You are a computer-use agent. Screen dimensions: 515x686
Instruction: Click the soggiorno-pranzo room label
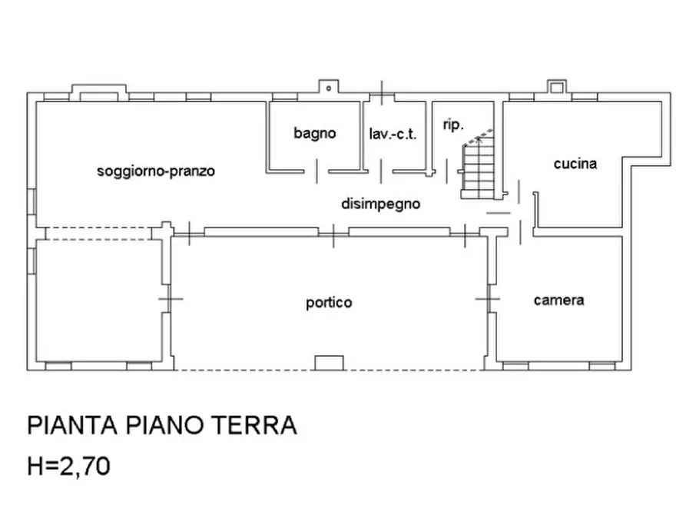tap(156, 171)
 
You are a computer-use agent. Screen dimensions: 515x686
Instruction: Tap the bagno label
tap(315, 133)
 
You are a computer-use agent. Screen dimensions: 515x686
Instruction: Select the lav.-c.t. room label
tap(393, 134)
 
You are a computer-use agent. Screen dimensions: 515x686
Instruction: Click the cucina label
tap(575, 163)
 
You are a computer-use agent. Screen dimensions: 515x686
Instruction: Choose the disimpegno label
tap(380, 204)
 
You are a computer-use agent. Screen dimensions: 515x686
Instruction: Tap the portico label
tap(329, 302)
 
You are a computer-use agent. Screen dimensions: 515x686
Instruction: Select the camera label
tap(558, 300)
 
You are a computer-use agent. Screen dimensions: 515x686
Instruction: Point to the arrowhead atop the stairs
tap(479, 141)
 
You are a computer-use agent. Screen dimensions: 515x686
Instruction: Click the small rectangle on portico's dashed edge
tap(329, 363)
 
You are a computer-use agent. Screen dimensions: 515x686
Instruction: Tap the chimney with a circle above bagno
tap(328, 88)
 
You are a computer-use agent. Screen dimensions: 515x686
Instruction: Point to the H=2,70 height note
tap(68, 466)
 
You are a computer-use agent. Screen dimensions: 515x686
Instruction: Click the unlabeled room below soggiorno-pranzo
tap(98, 300)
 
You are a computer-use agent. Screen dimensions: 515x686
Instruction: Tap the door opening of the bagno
tap(316, 171)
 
